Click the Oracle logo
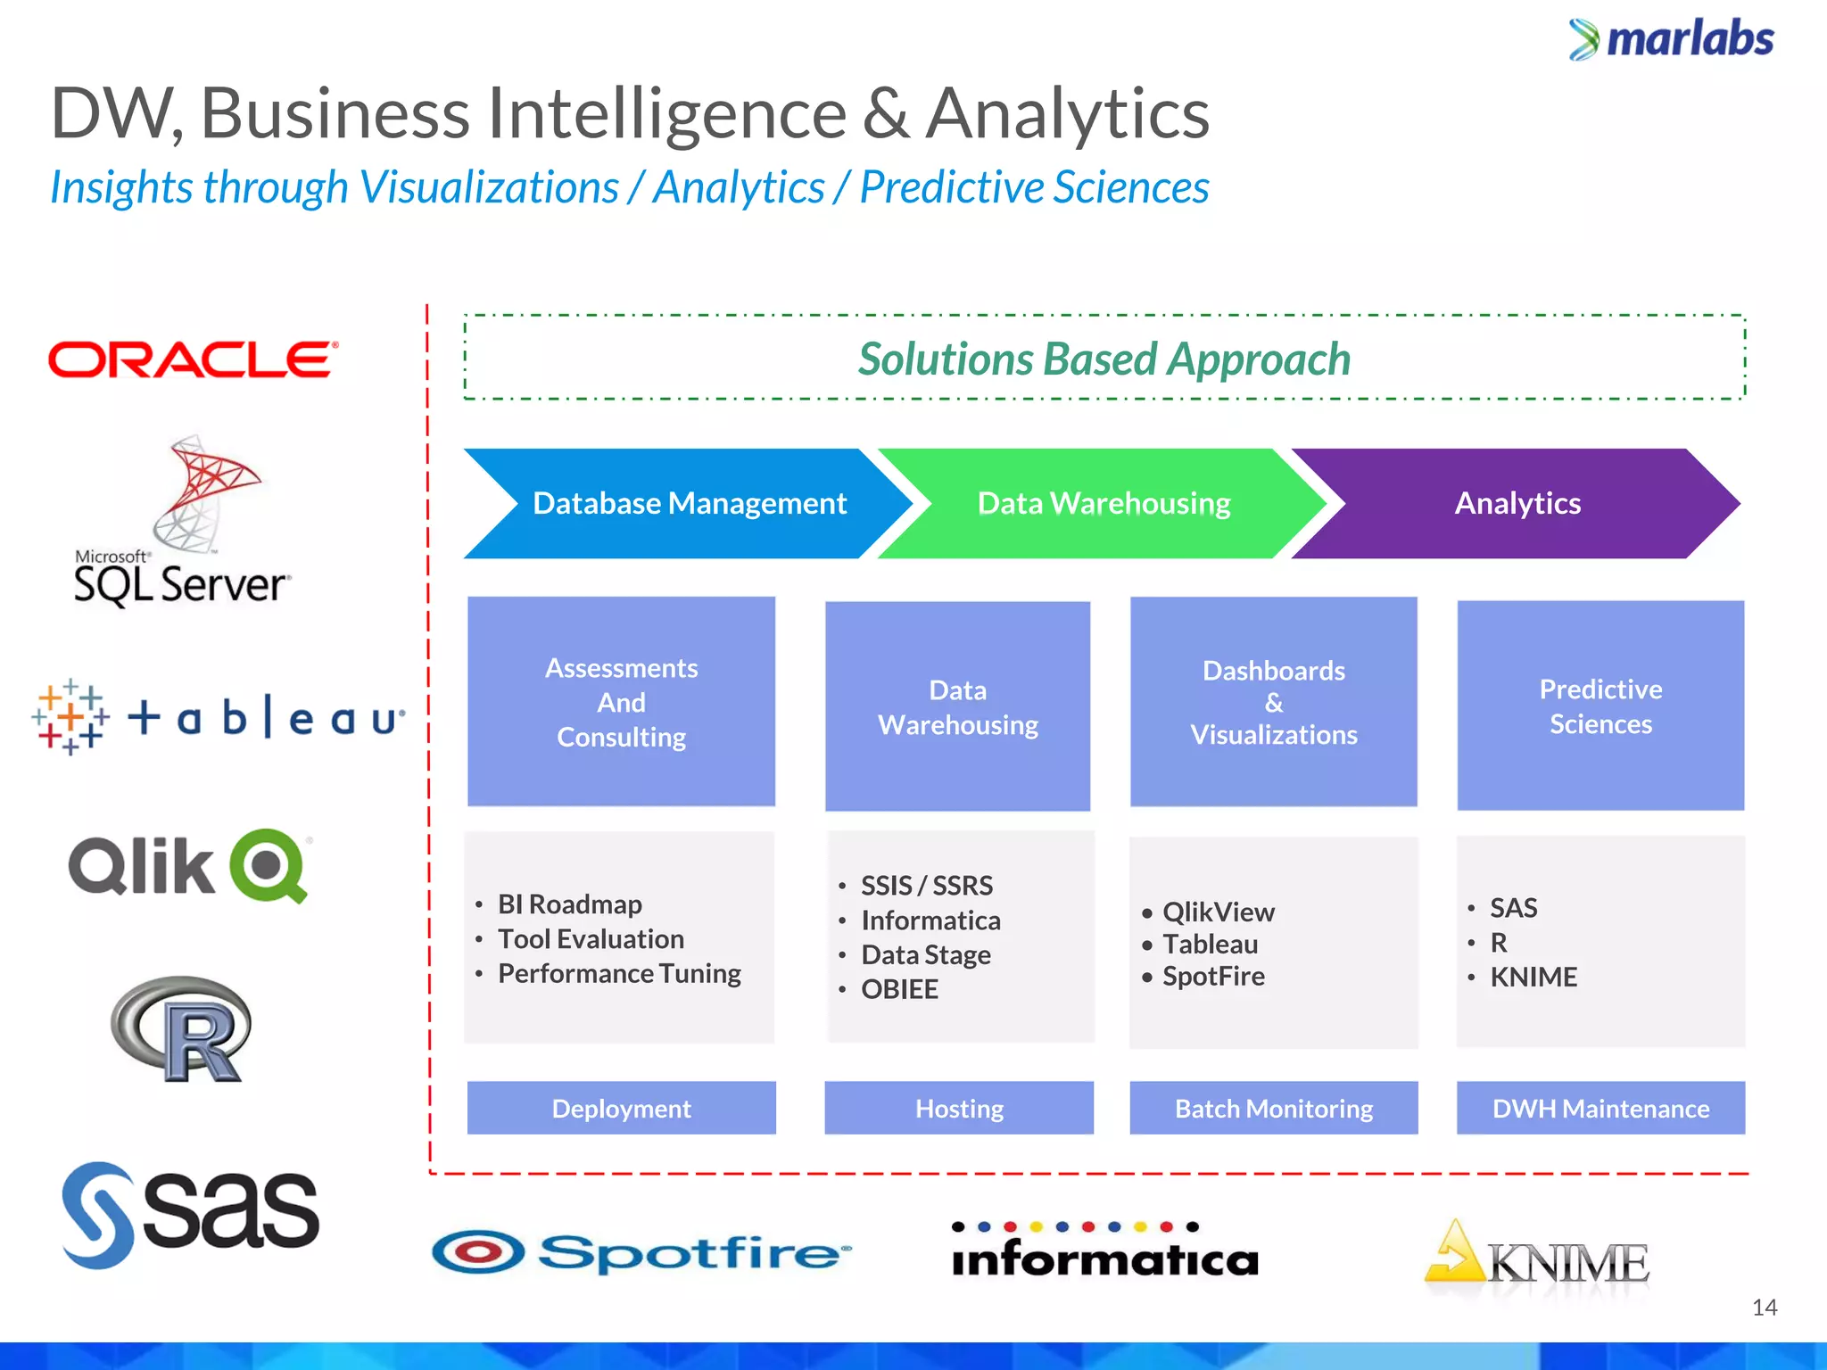(x=193, y=359)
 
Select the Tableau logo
(x=219, y=717)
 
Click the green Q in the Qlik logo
(x=269, y=865)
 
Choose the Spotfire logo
(x=641, y=1252)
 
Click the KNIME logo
(x=1537, y=1259)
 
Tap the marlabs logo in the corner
(x=1672, y=39)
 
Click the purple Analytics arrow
(x=1517, y=503)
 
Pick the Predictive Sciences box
(x=1600, y=706)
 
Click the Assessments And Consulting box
(x=621, y=702)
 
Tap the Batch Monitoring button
(x=1273, y=1108)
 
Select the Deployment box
(x=621, y=1108)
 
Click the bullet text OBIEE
(x=899, y=989)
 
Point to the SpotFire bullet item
(x=1213, y=976)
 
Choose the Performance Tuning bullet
(x=619, y=973)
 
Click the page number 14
(x=1764, y=1308)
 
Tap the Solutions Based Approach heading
(x=1104, y=359)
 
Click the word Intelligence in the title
(x=667, y=113)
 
